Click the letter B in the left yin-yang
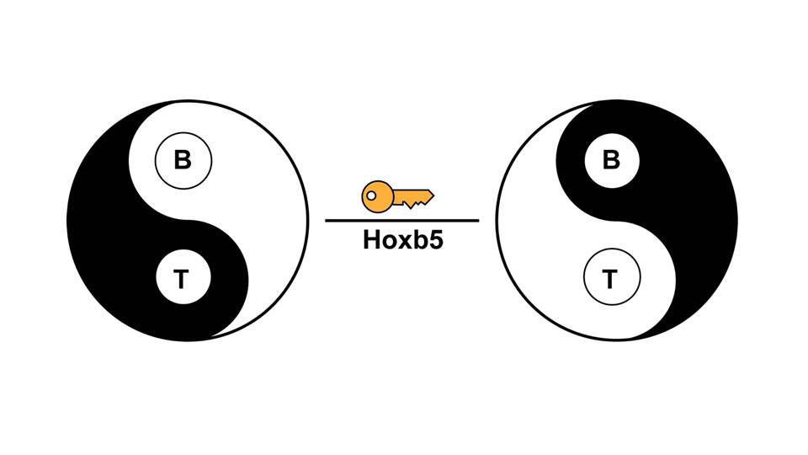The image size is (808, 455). [x=183, y=160]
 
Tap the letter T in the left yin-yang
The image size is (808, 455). [x=182, y=279]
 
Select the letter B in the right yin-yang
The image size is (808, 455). [x=612, y=160]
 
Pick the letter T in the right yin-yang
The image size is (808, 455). [x=611, y=279]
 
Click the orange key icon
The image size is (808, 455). [x=396, y=197]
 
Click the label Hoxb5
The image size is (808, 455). [x=402, y=240]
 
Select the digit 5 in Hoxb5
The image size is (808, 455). [x=435, y=240]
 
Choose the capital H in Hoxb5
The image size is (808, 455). [x=371, y=240]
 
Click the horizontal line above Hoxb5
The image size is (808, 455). [x=402, y=221]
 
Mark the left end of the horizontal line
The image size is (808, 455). [x=327, y=221]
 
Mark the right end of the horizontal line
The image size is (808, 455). [x=477, y=221]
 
